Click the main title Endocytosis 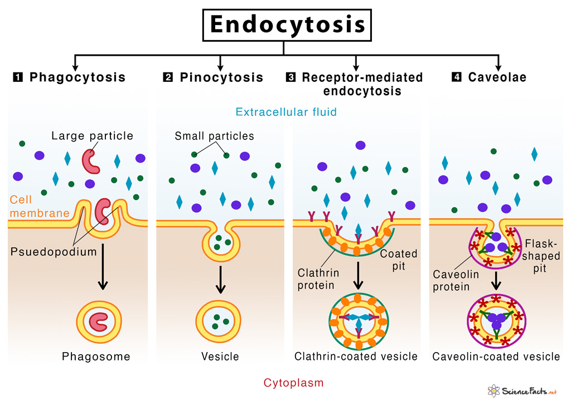(287, 26)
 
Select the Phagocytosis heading (78, 77)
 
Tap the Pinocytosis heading (221, 77)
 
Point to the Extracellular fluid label (286, 112)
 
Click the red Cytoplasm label (285, 383)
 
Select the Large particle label (92, 135)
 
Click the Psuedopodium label (54, 251)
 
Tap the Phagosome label (96, 357)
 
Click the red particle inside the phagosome (100, 321)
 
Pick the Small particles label (214, 135)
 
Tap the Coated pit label (398, 260)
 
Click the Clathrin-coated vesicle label (356, 357)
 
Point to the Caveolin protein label (452, 280)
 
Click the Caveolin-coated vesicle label (496, 357)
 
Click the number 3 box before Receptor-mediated (290, 77)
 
